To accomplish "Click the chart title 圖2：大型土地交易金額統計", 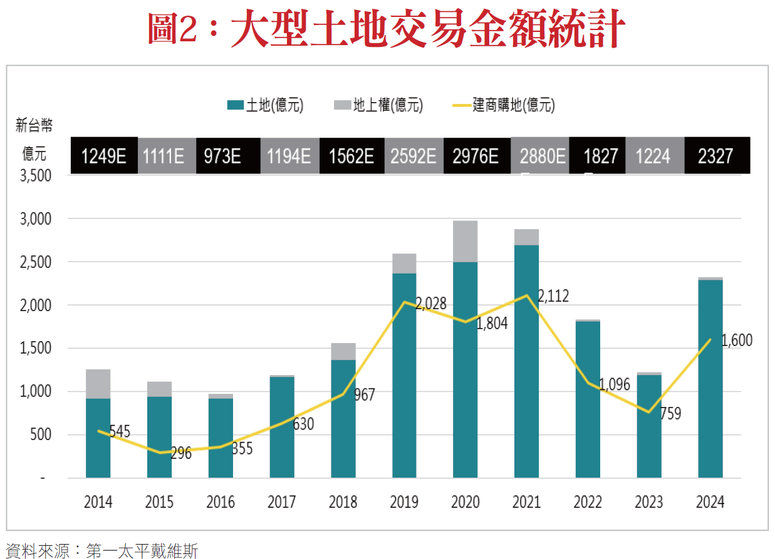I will pos(387,29).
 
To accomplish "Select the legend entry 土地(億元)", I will pos(266,105).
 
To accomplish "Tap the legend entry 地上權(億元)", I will pos(378,105).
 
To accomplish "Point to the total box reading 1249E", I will pos(105,155).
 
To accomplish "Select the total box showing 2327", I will pos(715,155).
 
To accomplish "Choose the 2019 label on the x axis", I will pos(404,502).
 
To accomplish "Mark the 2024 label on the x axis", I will pos(710,502).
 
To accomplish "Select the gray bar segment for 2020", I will pos(465,241).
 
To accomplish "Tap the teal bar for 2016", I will pos(221,438).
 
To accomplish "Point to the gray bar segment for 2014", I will pos(98,384).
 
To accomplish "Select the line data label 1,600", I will pos(737,341).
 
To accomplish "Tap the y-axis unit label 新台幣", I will pos(34,125).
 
